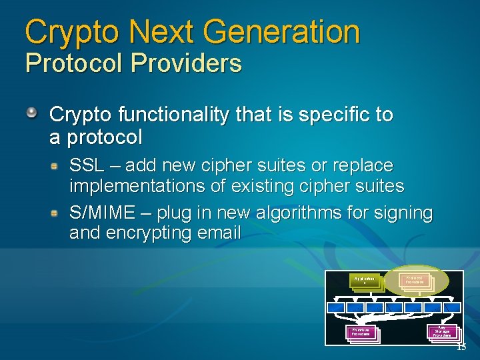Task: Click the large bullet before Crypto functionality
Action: click(x=32, y=113)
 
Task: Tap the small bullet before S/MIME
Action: click(x=59, y=213)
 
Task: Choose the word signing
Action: click(x=403, y=213)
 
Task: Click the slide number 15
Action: click(x=461, y=347)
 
